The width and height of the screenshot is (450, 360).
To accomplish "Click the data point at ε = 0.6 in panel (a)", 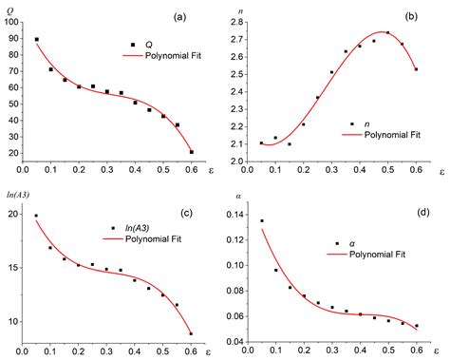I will [192, 152].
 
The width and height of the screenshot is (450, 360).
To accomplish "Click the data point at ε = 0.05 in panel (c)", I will [36, 216].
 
